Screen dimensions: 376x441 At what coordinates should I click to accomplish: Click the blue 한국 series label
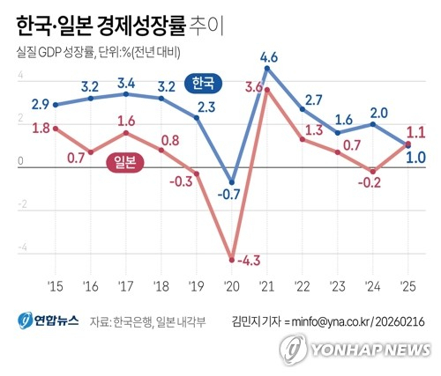pyautogui.click(x=204, y=84)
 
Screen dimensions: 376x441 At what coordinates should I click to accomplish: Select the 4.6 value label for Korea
pyautogui.click(x=270, y=58)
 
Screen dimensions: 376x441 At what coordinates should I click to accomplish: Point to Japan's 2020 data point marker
pyautogui.click(x=232, y=259)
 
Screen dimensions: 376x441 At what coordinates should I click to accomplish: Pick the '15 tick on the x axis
pyautogui.click(x=56, y=288)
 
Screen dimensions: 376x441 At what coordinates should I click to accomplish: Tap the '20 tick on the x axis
pyautogui.click(x=232, y=288)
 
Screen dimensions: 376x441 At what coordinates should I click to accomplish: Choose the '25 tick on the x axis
pyautogui.click(x=408, y=288)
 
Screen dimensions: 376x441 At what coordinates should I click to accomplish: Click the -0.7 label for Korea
pyautogui.click(x=232, y=194)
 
